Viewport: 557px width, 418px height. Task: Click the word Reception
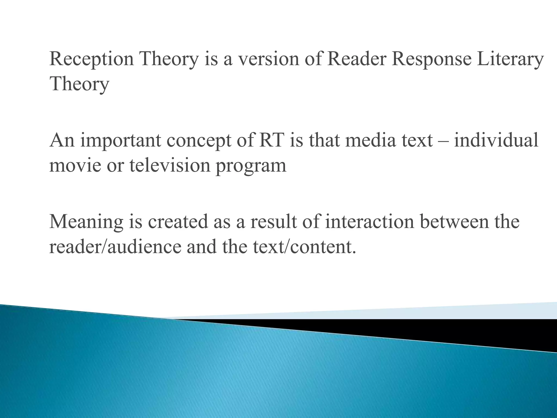click(x=92, y=59)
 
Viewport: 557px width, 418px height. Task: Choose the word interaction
click(x=369, y=222)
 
